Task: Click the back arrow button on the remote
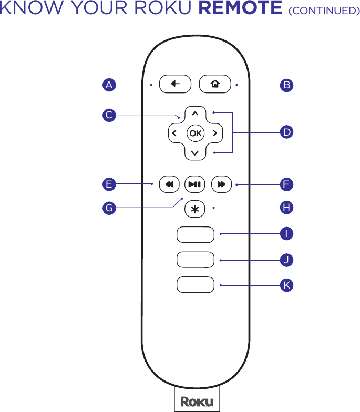[x=175, y=84]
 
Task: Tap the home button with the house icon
[x=214, y=84]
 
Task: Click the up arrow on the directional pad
[x=195, y=113]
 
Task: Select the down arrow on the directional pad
[x=195, y=153]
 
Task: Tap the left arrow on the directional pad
[x=174, y=133]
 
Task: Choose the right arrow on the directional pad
[x=215, y=133]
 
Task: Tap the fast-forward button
[x=221, y=184]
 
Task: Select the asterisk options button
[x=195, y=209]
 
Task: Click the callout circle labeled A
[x=109, y=85]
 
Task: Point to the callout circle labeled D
[x=286, y=132]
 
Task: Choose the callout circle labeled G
[x=109, y=208]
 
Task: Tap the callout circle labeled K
[x=286, y=285]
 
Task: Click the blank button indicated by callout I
[x=196, y=234]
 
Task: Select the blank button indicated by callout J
[x=196, y=260]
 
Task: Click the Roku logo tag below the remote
[x=197, y=401]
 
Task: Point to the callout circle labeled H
[x=286, y=208]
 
